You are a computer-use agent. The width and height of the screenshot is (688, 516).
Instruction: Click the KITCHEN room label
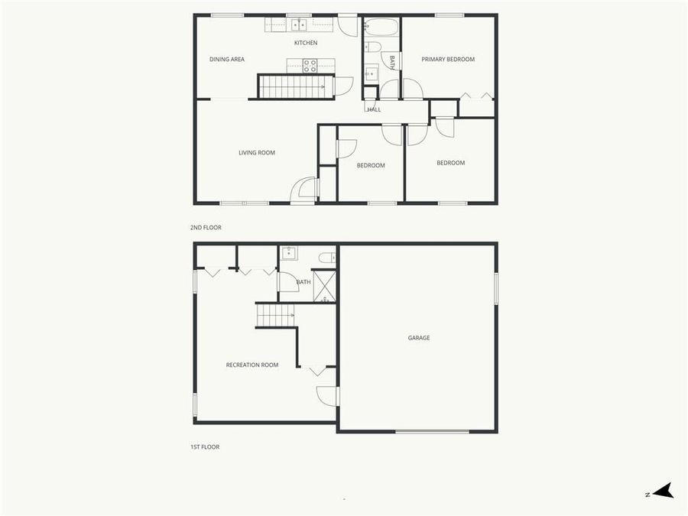click(306, 43)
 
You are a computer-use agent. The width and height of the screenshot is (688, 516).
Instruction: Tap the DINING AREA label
click(227, 59)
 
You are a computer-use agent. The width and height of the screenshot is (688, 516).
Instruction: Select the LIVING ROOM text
click(257, 153)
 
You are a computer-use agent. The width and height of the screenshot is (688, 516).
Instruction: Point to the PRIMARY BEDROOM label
click(448, 59)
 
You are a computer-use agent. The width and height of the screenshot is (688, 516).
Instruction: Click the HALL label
click(374, 109)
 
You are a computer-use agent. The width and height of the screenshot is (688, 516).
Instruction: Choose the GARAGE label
click(418, 337)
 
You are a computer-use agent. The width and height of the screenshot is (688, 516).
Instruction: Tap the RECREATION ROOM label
click(252, 365)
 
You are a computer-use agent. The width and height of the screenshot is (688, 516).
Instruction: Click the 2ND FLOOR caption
click(206, 228)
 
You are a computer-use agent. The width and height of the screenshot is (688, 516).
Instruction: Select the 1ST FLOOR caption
click(205, 447)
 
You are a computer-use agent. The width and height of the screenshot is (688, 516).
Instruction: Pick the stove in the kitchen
click(310, 66)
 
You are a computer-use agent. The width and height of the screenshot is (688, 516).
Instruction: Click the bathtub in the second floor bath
click(381, 28)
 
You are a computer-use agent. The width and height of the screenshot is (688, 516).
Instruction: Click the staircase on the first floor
click(274, 314)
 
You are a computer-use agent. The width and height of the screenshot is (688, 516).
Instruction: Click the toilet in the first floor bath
click(326, 258)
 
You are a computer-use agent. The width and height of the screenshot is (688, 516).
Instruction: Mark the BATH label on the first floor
click(303, 282)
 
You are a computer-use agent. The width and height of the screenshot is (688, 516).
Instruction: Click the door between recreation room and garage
click(328, 395)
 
